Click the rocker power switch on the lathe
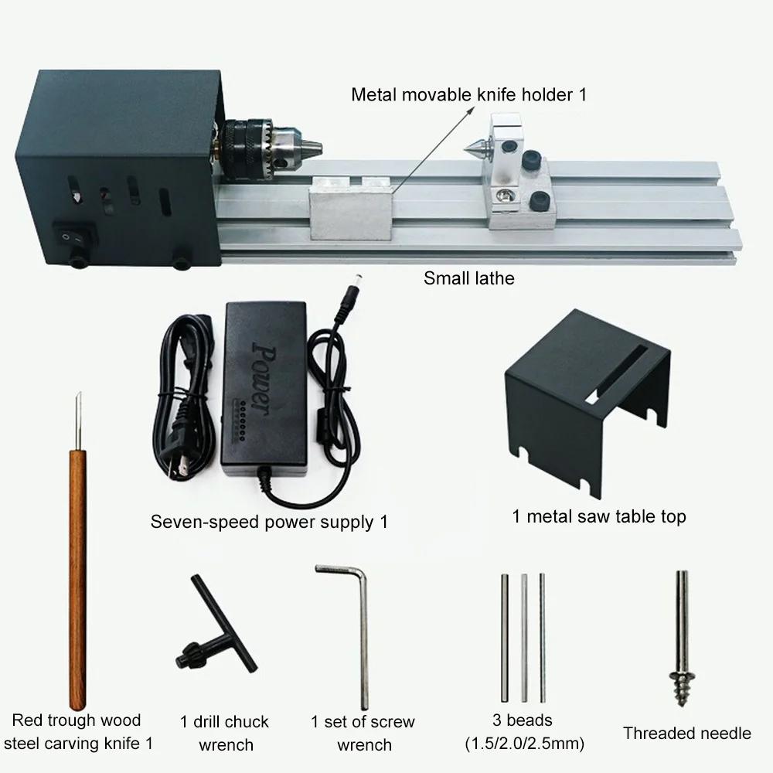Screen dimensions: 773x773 (x=74, y=236)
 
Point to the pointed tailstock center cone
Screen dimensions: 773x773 (x=475, y=146)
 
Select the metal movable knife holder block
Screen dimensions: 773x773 (x=352, y=207)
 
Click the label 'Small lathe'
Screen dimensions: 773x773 (x=469, y=278)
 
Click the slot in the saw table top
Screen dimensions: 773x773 (x=617, y=373)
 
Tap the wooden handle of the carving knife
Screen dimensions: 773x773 (x=77, y=579)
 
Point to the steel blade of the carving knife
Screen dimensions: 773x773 (x=78, y=421)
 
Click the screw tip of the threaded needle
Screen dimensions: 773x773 (x=682, y=688)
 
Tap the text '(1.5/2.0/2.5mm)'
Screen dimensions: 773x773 (x=524, y=743)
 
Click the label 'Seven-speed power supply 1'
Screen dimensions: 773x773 (x=269, y=522)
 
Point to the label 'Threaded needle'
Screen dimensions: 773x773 (x=686, y=733)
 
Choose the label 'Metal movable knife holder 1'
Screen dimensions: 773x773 (x=469, y=94)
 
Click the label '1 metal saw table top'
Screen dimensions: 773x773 (x=599, y=516)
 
